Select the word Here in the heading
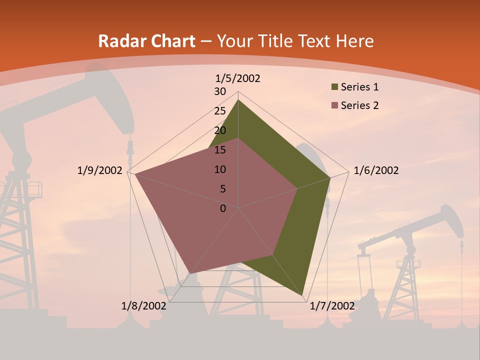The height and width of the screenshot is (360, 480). [354, 41]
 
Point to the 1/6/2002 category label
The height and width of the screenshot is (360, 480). [376, 170]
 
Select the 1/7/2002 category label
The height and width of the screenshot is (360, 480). [332, 306]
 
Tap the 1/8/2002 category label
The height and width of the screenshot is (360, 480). [144, 306]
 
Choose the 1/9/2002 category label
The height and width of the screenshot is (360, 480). [100, 170]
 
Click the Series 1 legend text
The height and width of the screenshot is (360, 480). [359, 87]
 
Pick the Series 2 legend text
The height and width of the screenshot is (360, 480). [359, 105]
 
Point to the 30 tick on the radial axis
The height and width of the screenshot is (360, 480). [220, 91]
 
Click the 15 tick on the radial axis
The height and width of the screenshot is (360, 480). [220, 150]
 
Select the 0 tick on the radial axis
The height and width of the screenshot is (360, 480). [223, 208]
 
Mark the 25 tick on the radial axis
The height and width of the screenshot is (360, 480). [220, 111]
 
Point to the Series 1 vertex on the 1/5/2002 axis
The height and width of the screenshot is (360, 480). [238, 100]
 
